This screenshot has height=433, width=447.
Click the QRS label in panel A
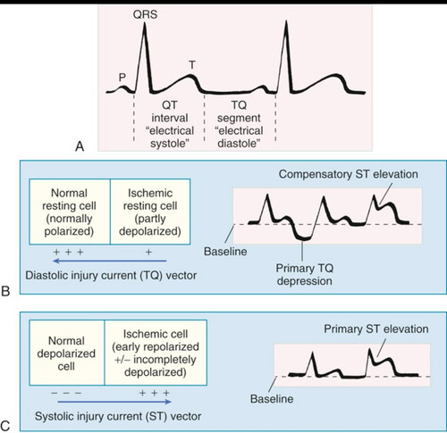pyautogui.click(x=145, y=14)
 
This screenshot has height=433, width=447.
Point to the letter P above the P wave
pyautogui.click(x=122, y=78)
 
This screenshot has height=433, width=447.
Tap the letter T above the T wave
pyautogui.click(x=192, y=64)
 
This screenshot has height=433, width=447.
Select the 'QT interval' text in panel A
pyautogui.click(x=170, y=112)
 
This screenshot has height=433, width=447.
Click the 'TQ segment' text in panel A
pyautogui.click(x=239, y=112)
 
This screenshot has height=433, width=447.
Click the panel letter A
pyautogui.click(x=80, y=146)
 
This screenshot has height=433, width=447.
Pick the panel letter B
pyautogui.click(x=5, y=291)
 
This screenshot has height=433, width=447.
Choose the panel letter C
pyautogui.click(x=5, y=426)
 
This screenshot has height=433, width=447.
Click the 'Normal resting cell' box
pyautogui.click(x=70, y=212)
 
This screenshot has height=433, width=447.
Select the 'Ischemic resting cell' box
pyautogui.click(x=150, y=212)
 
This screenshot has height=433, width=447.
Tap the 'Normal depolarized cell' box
pyautogui.click(x=67, y=353)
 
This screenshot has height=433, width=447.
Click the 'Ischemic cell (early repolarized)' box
pyautogui.click(x=156, y=353)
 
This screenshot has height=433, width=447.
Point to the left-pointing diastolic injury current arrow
pyautogui.click(x=109, y=261)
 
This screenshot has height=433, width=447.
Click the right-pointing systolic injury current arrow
pyautogui.click(x=114, y=402)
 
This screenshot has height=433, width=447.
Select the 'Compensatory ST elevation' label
pyautogui.click(x=349, y=174)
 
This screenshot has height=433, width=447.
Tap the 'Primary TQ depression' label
pyautogui.click(x=305, y=274)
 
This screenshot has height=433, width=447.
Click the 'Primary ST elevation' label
pyautogui.click(x=376, y=329)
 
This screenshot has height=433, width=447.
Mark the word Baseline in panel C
pyautogui.click(x=272, y=399)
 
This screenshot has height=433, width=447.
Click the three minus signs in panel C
pyautogui.click(x=66, y=393)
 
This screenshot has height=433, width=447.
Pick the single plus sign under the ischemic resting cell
pyautogui.click(x=148, y=253)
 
